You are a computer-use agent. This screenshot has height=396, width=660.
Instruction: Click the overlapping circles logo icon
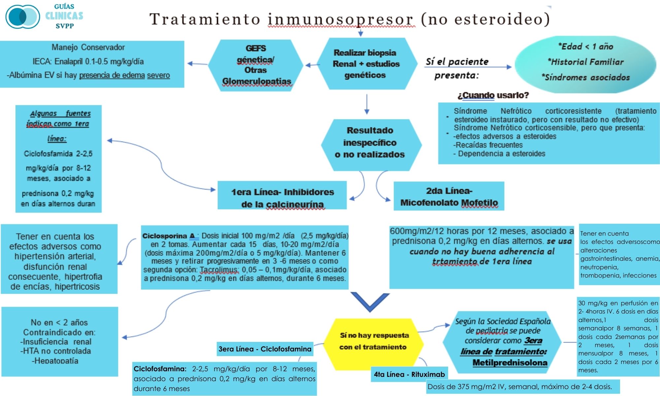click(22, 16)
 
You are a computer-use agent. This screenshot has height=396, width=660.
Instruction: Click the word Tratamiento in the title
click(205, 19)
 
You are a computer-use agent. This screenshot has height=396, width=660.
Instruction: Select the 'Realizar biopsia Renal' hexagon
click(366, 64)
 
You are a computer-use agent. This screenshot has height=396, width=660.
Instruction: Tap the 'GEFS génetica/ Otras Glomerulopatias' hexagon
click(256, 65)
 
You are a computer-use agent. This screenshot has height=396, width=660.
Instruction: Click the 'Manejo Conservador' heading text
click(88, 47)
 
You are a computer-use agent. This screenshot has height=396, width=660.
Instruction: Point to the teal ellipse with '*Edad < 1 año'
click(585, 63)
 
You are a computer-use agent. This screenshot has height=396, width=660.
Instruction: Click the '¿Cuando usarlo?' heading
click(493, 95)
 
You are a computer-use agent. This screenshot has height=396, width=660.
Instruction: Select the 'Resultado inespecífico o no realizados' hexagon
click(370, 143)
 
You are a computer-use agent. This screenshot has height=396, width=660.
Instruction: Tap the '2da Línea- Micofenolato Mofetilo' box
click(449, 196)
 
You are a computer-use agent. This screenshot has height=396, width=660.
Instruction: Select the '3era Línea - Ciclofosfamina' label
click(265, 349)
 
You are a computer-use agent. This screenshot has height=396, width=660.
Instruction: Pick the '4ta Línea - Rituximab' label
click(409, 374)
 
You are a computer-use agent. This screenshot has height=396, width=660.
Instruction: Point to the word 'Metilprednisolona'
click(510, 363)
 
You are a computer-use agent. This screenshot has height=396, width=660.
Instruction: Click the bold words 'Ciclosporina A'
click(169, 236)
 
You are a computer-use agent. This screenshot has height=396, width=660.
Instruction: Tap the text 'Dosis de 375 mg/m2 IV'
click(469, 387)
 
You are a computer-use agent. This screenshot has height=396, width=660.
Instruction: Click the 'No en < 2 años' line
click(59, 322)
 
